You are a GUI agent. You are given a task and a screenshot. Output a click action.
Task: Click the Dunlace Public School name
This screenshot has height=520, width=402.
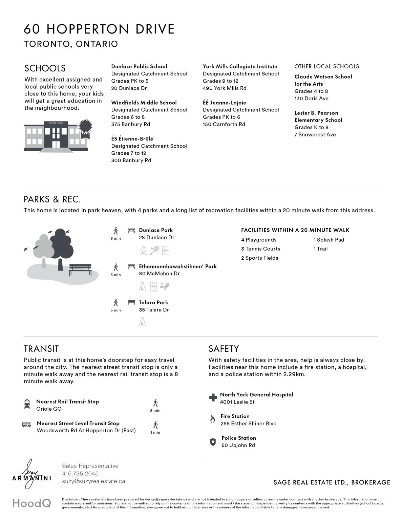pos(139,66)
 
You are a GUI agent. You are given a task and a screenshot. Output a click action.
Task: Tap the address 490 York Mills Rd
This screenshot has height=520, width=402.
pos(225,88)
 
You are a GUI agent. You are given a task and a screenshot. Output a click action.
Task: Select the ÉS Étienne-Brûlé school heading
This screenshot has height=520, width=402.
pos(132,139)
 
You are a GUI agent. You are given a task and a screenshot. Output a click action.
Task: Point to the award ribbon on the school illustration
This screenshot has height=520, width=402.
pos(85,126)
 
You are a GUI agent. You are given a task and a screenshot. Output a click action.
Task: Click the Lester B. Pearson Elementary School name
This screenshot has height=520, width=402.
pos(318,116)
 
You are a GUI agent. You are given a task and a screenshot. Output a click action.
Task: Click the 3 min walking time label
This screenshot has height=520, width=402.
pos(115,239)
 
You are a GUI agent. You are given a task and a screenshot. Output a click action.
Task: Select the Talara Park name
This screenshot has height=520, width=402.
pos(153,302)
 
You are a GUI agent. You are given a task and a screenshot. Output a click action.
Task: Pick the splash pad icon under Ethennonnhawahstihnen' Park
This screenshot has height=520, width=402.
pos(165,287)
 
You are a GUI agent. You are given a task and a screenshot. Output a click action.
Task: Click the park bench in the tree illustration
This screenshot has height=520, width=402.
pos(80,270)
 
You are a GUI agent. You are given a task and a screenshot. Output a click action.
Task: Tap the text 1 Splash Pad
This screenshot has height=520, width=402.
pos(329,240)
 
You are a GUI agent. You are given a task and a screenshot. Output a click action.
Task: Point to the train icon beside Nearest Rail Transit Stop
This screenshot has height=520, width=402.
pos(27,404)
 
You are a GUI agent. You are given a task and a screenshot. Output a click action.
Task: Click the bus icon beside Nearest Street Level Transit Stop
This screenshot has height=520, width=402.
pos(27,425)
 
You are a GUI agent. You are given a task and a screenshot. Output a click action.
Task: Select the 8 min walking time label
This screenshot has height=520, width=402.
pos(155,411)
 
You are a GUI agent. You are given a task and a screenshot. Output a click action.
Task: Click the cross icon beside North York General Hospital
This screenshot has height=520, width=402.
pos(213,397)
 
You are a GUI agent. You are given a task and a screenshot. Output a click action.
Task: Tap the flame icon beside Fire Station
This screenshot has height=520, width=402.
pos(213,419)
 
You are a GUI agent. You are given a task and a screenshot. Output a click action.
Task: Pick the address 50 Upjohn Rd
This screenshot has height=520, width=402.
pos(238,445)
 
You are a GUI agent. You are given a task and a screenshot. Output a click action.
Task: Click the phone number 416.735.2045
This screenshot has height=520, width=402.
pos(80,473)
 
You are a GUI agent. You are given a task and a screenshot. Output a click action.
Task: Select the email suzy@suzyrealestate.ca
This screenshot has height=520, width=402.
pos(93,481)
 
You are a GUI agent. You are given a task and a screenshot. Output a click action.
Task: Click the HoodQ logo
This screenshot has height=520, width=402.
pos(32,503)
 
